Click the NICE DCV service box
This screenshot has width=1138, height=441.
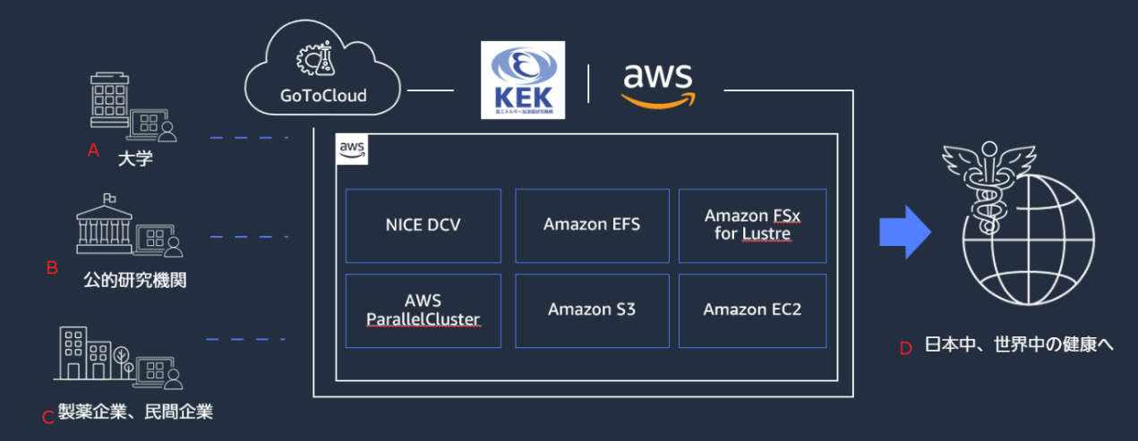click(x=423, y=225)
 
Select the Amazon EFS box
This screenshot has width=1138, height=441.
click(x=592, y=225)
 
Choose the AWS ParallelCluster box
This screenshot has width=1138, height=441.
click(x=423, y=310)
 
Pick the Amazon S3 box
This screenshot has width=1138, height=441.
click(x=592, y=310)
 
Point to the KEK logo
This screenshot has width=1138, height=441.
click(x=523, y=81)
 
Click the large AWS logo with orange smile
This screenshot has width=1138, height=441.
click(x=658, y=85)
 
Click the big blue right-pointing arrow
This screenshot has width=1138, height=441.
click(x=905, y=232)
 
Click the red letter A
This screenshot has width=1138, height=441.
click(x=92, y=151)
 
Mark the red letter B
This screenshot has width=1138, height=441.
click(x=52, y=267)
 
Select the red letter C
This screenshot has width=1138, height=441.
click(x=48, y=417)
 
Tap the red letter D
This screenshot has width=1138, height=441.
click(x=905, y=348)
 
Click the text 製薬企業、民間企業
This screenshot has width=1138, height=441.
click(x=135, y=412)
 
